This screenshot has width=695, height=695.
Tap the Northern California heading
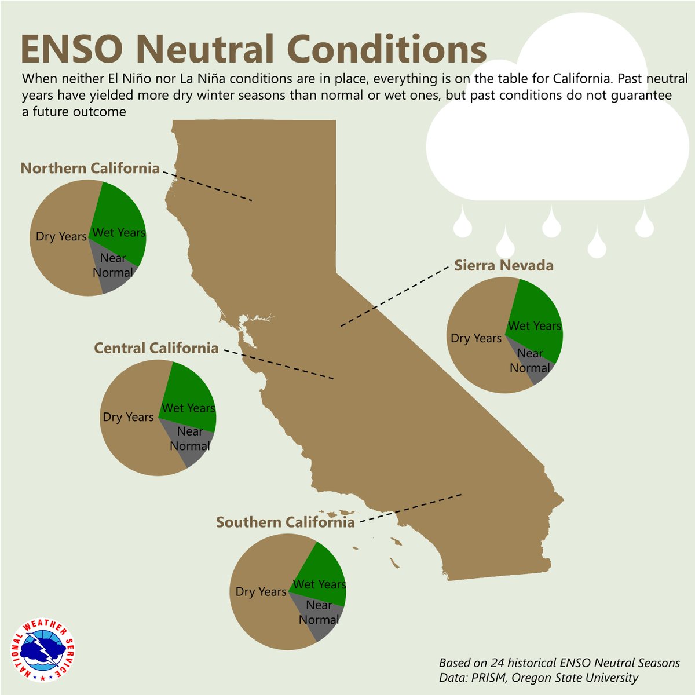pyautogui.click(x=90, y=169)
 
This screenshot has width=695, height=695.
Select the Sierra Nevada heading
pyautogui.click(x=503, y=266)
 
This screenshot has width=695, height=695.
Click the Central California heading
pyautogui.click(x=156, y=348)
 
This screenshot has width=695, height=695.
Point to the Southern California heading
pyautogui.click(x=285, y=522)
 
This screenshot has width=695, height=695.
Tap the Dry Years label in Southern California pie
pyautogui.click(x=261, y=592)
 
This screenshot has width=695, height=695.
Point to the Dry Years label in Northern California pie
pyautogui.click(x=61, y=236)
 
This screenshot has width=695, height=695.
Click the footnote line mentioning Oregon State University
pyautogui.click(x=539, y=678)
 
